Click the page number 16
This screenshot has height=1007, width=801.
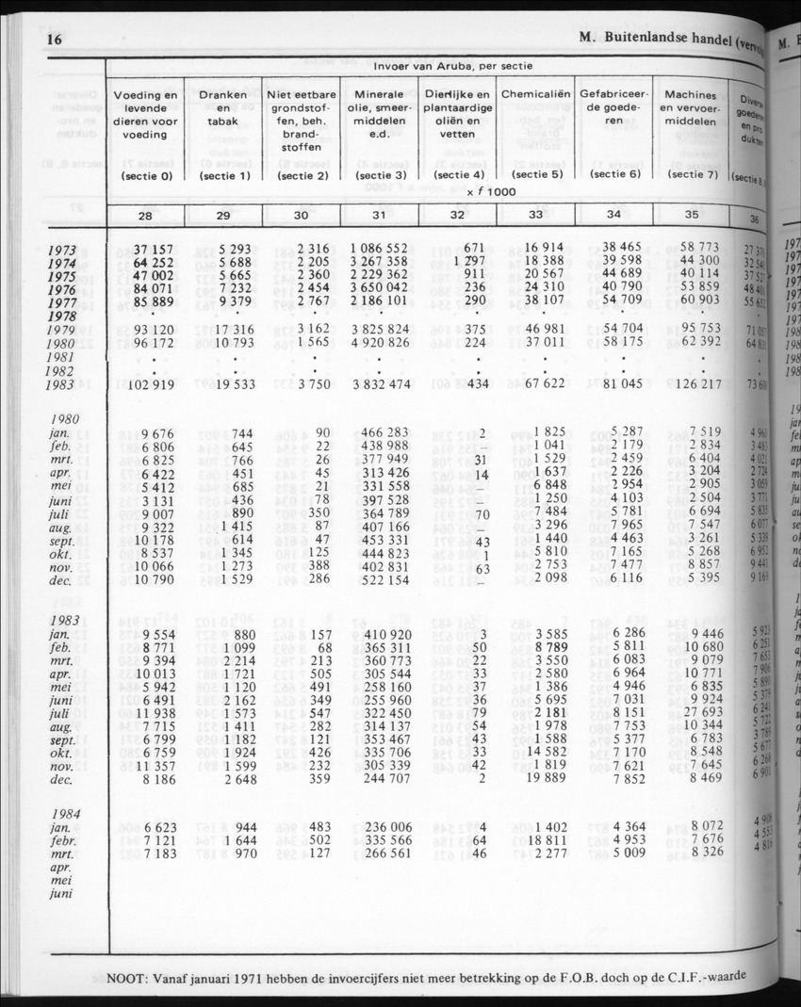click(x=53, y=40)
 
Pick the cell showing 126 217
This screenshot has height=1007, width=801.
click(x=696, y=384)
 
